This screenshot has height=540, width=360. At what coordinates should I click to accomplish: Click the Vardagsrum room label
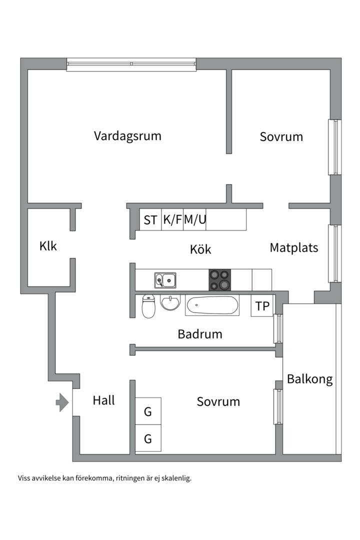pyautogui.click(x=127, y=135)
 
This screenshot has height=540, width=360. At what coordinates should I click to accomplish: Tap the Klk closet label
pyautogui.click(x=48, y=246)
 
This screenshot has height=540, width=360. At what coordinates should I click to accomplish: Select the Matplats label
pyautogui.click(x=293, y=247)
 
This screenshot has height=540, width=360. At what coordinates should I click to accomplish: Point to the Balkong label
pyautogui.click(x=309, y=379)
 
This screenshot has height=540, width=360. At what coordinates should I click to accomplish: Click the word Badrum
pyautogui.click(x=199, y=334)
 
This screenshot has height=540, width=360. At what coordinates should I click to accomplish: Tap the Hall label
pyautogui.click(x=104, y=400)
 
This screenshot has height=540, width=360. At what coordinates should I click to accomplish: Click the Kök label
pyautogui.click(x=201, y=249)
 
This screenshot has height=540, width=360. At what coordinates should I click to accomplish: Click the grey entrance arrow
pyautogui.click(x=61, y=402)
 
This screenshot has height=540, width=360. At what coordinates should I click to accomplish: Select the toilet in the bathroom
pyautogui.click(x=148, y=306)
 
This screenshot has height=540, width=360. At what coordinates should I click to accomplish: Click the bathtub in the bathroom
pyautogui.click(x=212, y=305)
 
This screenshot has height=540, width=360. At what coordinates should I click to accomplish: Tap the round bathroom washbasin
pyautogui.click(x=170, y=302)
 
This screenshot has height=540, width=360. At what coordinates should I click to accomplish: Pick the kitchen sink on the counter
pyautogui.click(x=165, y=280)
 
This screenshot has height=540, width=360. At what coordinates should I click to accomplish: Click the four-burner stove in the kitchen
pyautogui.click(x=219, y=280)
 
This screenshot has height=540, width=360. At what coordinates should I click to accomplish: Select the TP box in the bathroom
pyautogui.click(x=262, y=306)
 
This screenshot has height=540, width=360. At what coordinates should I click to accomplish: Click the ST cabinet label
pyautogui.click(x=150, y=220)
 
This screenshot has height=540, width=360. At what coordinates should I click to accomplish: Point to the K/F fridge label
pyautogui.click(x=172, y=219)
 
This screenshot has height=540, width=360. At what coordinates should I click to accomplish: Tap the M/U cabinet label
pyautogui.click(x=195, y=219)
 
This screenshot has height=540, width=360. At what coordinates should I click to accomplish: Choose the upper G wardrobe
pyautogui.click(x=148, y=412)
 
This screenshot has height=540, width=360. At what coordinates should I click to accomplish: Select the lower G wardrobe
pyautogui.click(x=148, y=439)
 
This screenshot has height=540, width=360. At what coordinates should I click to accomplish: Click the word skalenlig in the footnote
pyautogui.click(x=173, y=478)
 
